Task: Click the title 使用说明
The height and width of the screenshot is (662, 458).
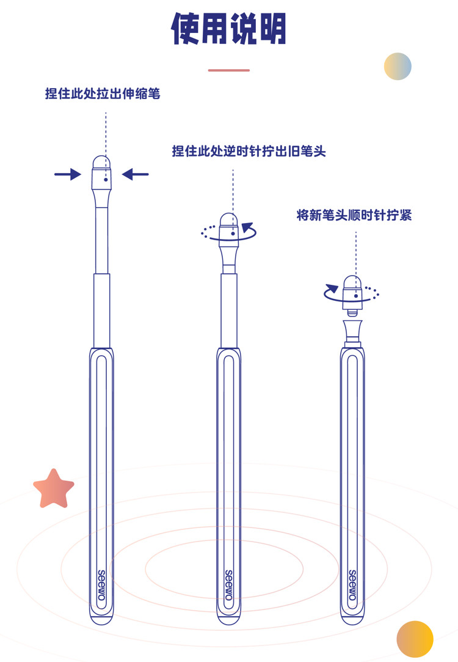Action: click(x=228, y=28)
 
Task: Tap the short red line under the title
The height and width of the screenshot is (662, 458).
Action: click(x=228, y=70)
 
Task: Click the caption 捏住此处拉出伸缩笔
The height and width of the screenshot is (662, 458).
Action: click(x=103, y=94)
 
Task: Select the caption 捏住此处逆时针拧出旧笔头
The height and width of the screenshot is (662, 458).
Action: click(x=249, y=151)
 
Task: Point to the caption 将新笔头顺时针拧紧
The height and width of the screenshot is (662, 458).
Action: click(x=354, y=215)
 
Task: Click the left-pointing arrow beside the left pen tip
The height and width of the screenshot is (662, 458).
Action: click(x=135, y=175)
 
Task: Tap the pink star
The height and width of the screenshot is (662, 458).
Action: click(x=54, y=489)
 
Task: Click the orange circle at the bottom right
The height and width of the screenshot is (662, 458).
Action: click(x=415, y=639)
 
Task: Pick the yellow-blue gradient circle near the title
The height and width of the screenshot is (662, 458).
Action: click(x=398, y=66)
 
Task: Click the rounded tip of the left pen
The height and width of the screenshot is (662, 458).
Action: click(x=101, y=163)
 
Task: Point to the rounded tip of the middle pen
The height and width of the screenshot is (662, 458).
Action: click(x=228, y=220)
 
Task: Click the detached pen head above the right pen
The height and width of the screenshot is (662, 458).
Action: click(x=352, y=289)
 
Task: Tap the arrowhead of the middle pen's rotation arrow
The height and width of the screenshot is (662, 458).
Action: click(x=248, y=228)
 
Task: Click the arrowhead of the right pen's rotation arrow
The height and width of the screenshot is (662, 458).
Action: click(x=332, y=288)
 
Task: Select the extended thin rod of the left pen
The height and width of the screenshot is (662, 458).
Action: click(x=101, y=238)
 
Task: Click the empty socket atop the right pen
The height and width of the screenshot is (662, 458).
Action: click(x=352, y=331)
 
